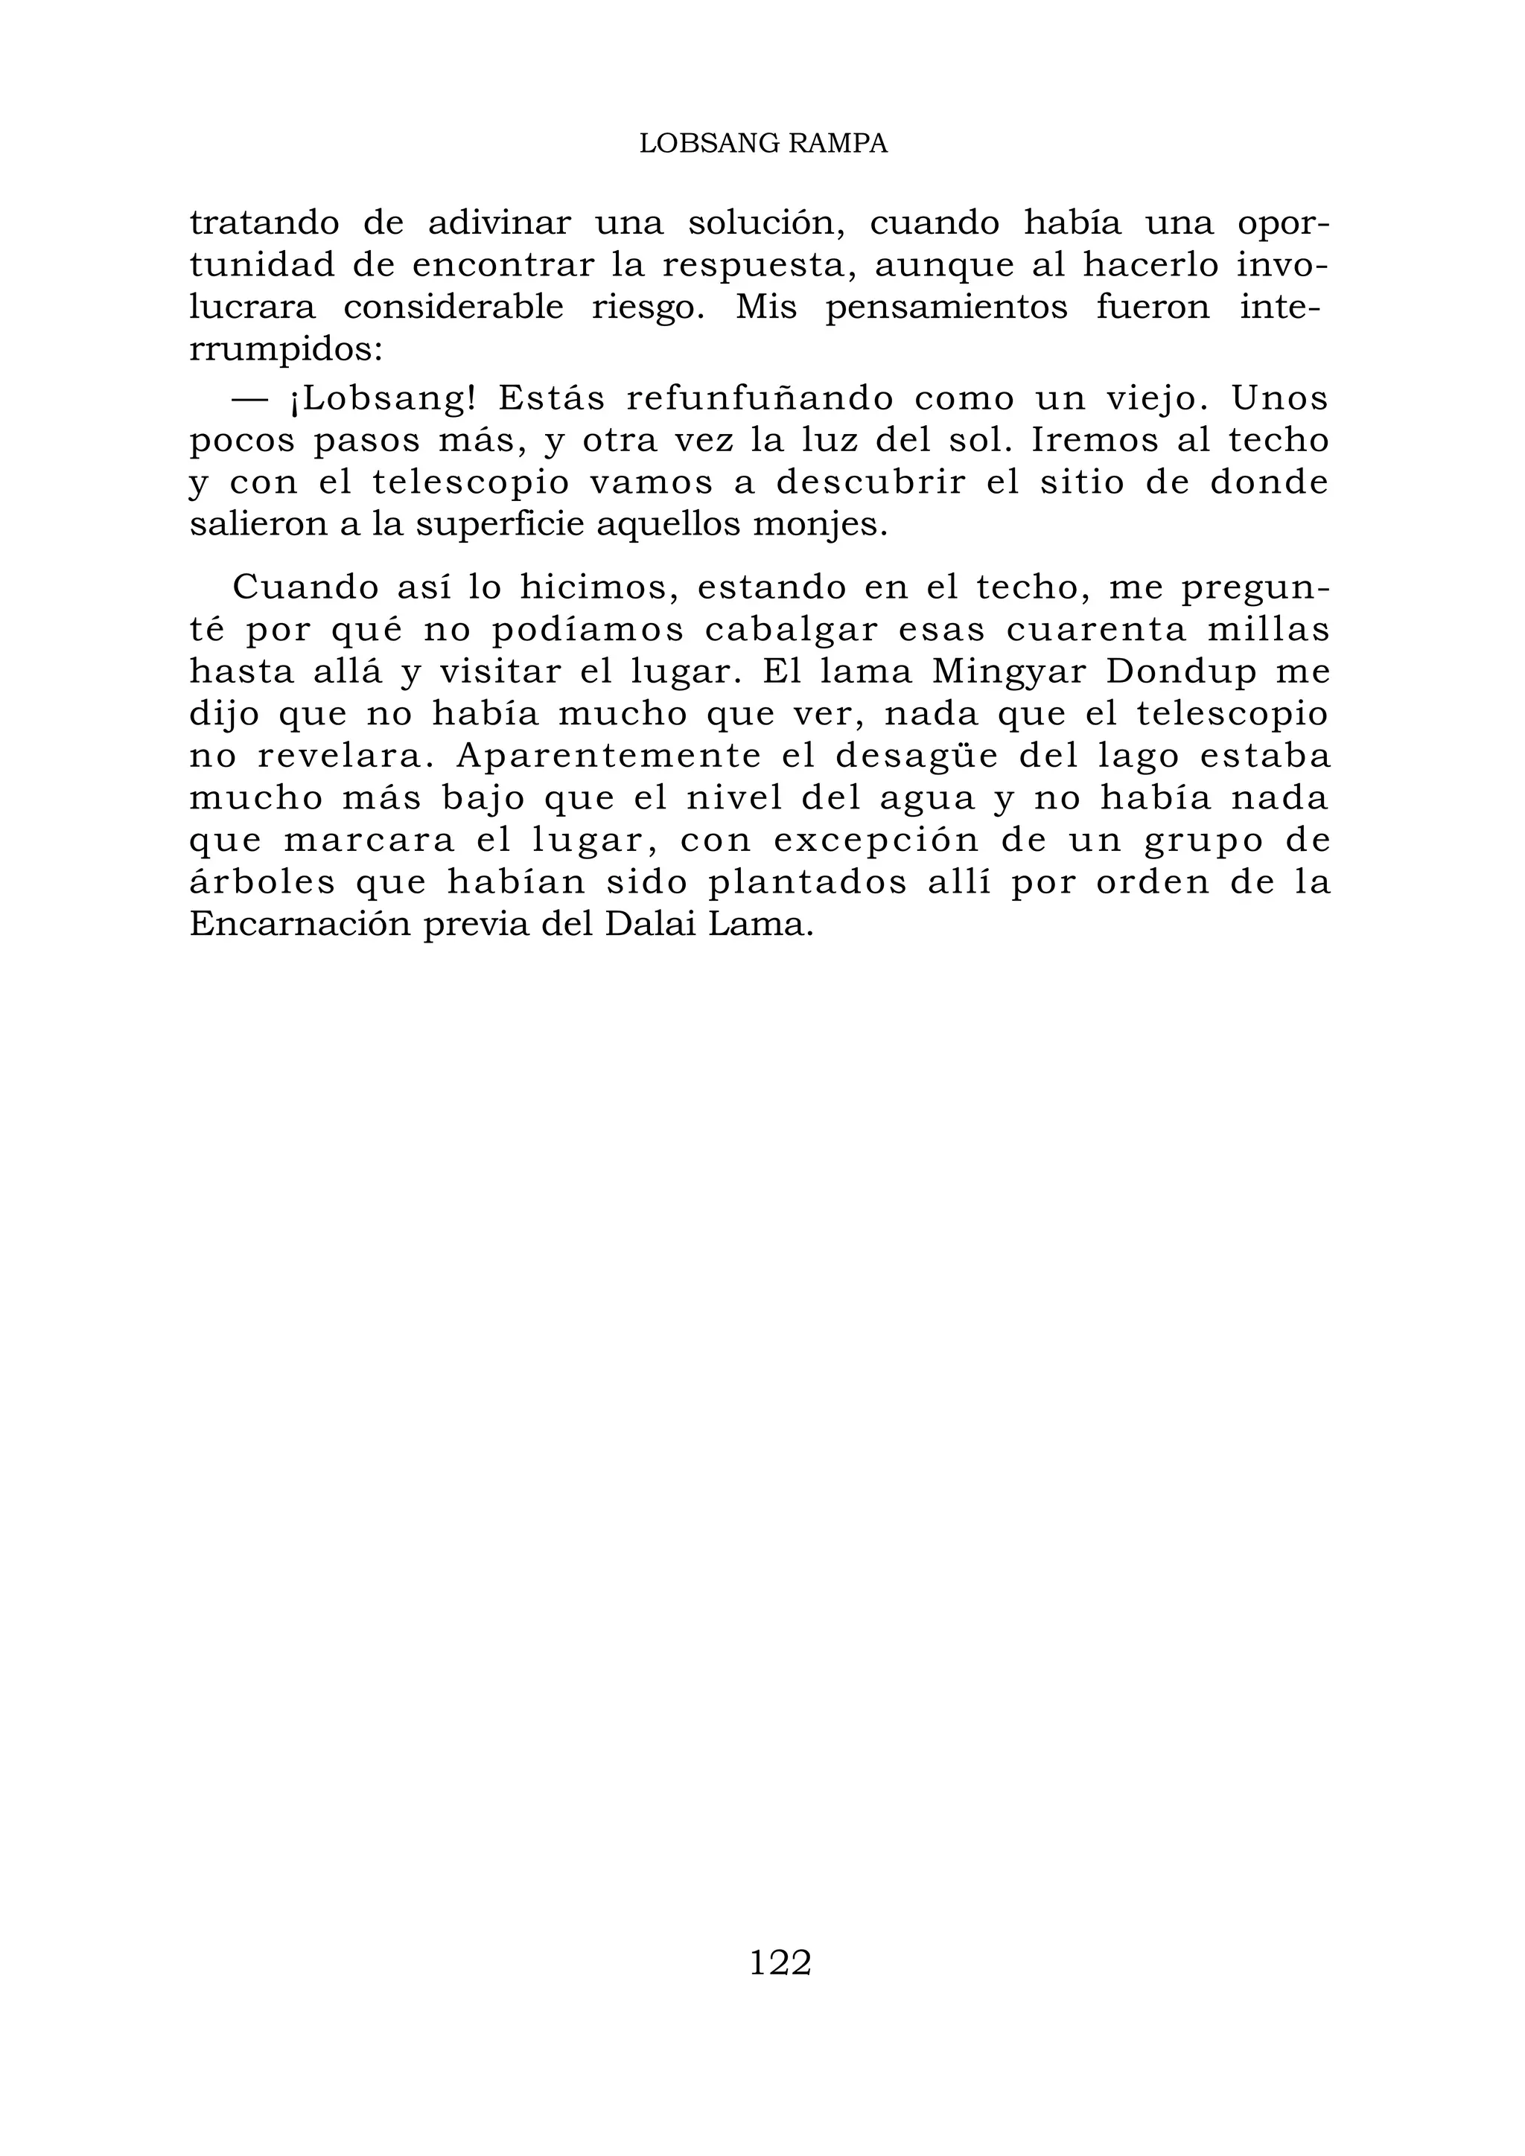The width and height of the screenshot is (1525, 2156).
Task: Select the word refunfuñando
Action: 760,399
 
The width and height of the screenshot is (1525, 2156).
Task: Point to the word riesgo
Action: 648,308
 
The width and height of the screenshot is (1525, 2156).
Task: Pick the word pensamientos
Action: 946,308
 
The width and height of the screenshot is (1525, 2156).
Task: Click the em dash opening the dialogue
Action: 249,399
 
